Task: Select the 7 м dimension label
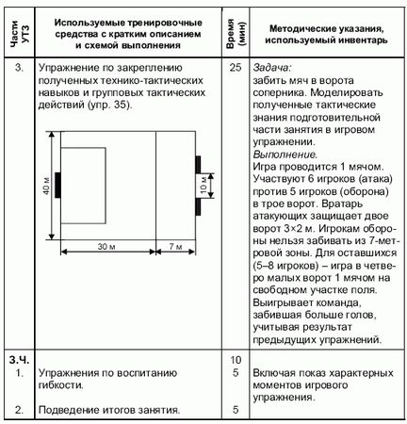[174, 246]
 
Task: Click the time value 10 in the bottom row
[235, 361]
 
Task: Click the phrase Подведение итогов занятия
[106, 410]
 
